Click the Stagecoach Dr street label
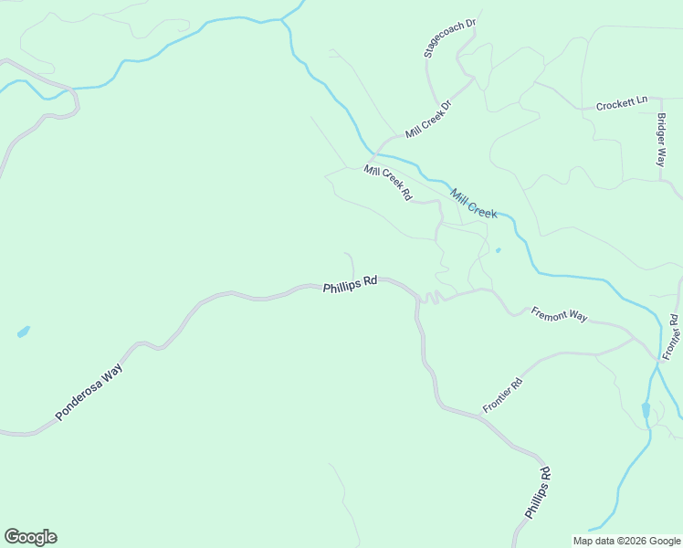[x=451, y=37]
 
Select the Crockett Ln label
[x=622, y=104]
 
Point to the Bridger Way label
[x=661, y=139]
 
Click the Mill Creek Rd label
[x=388, y=183]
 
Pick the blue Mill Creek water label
[x=473, y=203]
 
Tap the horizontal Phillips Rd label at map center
[x=350, y=285]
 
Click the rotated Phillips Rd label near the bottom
[x=538, y=493]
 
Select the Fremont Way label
[x=559, y=314]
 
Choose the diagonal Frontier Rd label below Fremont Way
[x=502, y=395]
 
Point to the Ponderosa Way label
[x=89, y=391]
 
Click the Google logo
[x=30, y=537]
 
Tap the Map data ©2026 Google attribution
[x=626, y=541]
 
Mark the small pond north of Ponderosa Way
[x=23, y=332]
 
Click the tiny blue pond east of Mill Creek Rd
[x=498, y=249]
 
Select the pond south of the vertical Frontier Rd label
[x=646, y=409]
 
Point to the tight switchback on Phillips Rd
[x=430, y=297]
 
